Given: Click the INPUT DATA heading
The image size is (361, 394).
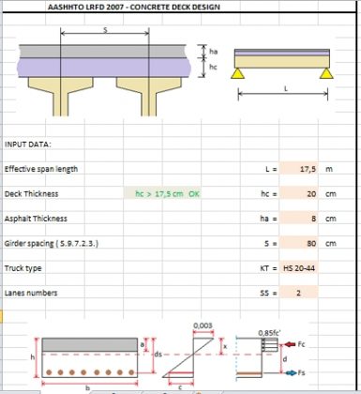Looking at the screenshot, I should coord(28,144).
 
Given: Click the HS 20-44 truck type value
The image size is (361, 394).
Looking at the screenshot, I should coord(302,267).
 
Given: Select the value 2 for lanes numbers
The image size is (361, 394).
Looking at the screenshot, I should coord(298,292).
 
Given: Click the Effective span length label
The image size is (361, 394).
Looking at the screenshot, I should coord(41,169).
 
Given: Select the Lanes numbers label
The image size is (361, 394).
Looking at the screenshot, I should coord(34,292).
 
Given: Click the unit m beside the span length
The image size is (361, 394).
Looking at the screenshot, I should coord(329,170).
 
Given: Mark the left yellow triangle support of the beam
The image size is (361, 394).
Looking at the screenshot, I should coord(240,71).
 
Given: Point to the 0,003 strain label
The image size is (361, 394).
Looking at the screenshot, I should coord(201,326).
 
